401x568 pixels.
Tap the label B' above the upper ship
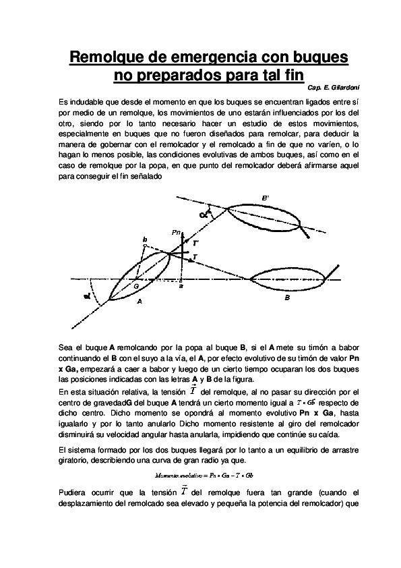pos(266,197)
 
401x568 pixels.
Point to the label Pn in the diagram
pos(177,232)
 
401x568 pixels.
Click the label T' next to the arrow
pos(195,242)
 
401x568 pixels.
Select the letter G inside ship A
pos(136,286)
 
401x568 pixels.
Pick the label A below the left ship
pos(140,302)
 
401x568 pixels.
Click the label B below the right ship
pos(287,297)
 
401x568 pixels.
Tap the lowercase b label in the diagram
pos(144,239)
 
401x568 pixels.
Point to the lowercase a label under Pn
pos(181,287)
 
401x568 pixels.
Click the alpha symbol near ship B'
pos(204,214)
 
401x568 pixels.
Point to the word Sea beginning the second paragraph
pos(66,345)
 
